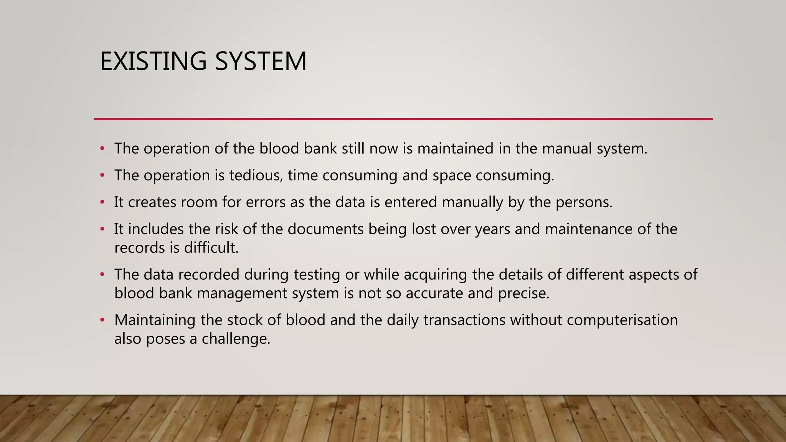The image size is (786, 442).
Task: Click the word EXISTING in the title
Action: [x=153, y=61]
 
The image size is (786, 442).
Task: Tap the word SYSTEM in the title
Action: [x=261, y=61]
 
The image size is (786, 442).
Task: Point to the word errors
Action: [x=266, y=202]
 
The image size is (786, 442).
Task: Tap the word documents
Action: [x=325, y=229]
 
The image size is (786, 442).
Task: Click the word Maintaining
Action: [x=155, y=320]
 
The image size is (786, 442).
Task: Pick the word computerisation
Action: [x=622, y=320]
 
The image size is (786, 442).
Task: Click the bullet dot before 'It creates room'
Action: [x=102, y=202]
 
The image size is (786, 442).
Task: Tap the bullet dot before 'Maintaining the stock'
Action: [x=102, y=320]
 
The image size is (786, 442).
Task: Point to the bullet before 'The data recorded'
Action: [x=102, y=275]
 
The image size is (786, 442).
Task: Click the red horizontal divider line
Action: [x=403, y=119]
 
